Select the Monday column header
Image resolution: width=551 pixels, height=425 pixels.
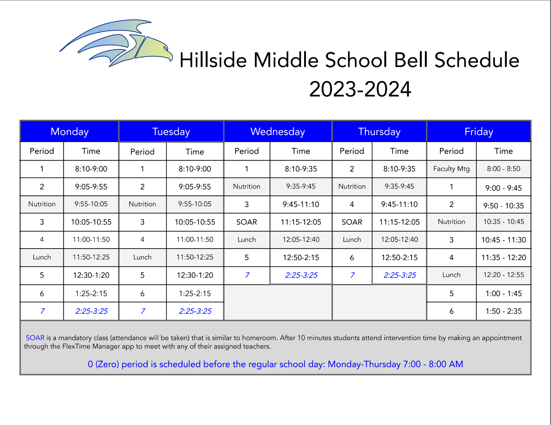coord(70,131)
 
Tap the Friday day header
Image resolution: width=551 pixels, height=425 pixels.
coord(479,131)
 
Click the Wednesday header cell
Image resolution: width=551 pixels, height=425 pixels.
coord(278,131)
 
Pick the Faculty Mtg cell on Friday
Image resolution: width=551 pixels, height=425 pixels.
coord(451,169)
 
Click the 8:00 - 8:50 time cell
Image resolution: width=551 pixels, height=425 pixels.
coord(504,169)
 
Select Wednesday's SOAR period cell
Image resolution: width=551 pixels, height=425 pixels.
coord(247,222)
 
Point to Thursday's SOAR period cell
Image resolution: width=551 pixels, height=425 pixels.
coord(352,222)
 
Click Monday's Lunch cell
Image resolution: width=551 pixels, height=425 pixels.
coord(42,257)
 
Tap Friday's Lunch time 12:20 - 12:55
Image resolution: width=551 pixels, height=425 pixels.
coord(504,275)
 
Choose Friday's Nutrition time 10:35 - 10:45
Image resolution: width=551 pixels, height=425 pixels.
coord(504,222)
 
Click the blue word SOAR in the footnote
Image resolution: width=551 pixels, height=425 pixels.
coord(35,338)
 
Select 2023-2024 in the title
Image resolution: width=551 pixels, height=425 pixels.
coord(360,89)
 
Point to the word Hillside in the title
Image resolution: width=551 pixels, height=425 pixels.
coord(213,60)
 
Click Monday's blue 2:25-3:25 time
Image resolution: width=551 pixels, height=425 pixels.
coord(91,311)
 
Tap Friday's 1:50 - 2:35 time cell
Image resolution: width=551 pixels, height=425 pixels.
coord(504,311)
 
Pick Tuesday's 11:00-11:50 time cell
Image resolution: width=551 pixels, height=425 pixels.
coord(195,240)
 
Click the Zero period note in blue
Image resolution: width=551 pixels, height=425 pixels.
coord(275,364)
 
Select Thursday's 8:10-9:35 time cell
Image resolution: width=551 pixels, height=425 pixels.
coord(399,169)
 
